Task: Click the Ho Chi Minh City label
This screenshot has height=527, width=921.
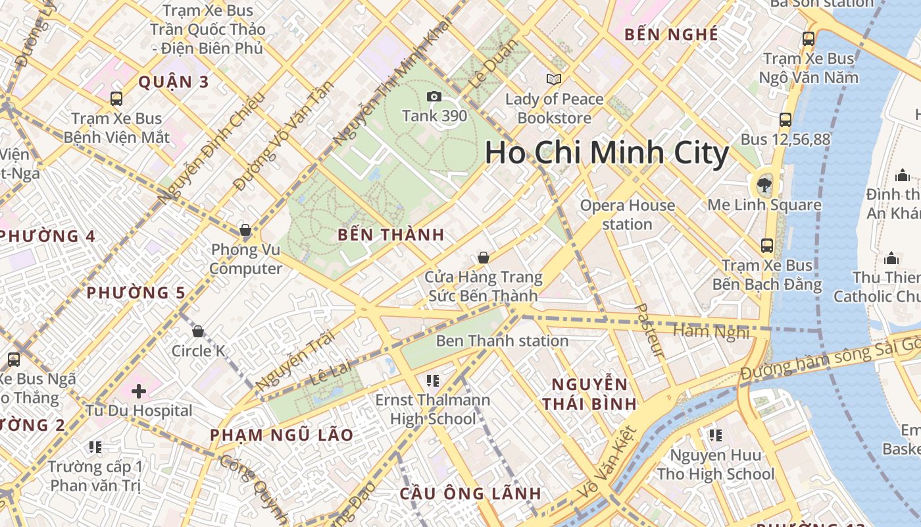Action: tap(607, 153)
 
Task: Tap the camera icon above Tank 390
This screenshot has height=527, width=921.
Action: tap(434, 97)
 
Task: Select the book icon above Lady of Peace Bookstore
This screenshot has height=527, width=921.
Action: tap(554, 80)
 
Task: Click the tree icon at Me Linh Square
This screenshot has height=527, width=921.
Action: tap(764, 184)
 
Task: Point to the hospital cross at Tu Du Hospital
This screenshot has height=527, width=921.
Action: tap(139, 391)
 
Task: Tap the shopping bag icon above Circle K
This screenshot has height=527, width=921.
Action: tap(197, 331)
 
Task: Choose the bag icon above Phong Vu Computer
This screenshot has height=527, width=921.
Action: tap(245, 230)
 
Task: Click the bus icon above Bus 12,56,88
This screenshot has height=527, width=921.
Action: tap(785, 120)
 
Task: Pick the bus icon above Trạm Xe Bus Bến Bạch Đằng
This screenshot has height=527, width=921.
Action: tap(767, 246)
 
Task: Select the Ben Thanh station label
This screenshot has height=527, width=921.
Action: tap(502, 341)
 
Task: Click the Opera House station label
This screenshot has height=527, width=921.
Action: tap(627, 215)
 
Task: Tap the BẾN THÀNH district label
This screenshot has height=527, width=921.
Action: tap(391, 235)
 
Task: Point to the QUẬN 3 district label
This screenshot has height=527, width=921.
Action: tap(174, 82)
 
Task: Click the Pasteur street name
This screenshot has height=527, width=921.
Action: tap(650, 330)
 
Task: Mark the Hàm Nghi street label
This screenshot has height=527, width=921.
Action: tap(711, 330)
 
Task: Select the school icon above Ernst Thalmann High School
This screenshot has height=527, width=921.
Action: tap(432, 380)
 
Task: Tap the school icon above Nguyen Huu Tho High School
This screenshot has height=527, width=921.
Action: tap(715, 435)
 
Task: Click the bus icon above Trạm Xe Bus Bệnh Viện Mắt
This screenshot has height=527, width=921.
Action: tap(116, 99)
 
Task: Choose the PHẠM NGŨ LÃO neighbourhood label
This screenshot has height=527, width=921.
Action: tap(282, 435)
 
